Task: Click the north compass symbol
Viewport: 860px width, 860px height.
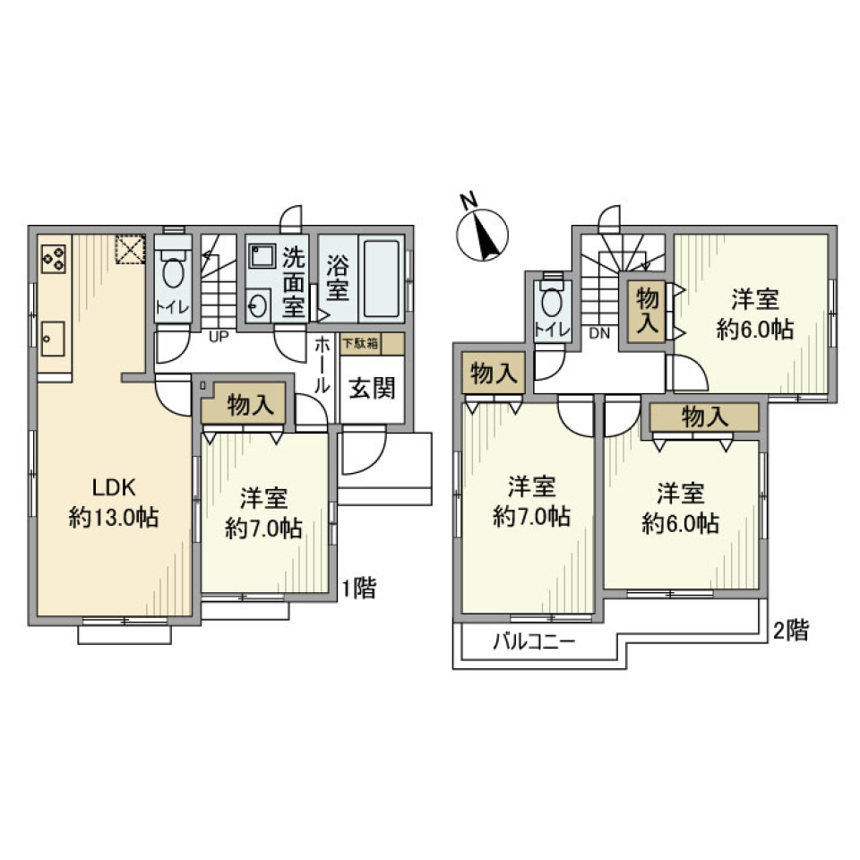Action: click(484, 235)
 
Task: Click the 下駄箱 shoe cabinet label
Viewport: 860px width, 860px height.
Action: click(359, 344)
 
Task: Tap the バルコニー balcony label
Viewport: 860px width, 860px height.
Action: click(532, 641)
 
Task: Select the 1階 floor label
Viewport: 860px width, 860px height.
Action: click(359, 589)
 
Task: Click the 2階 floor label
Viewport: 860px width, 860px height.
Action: click(792, 631)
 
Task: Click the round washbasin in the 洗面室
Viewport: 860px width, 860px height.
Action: click(258, 305)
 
